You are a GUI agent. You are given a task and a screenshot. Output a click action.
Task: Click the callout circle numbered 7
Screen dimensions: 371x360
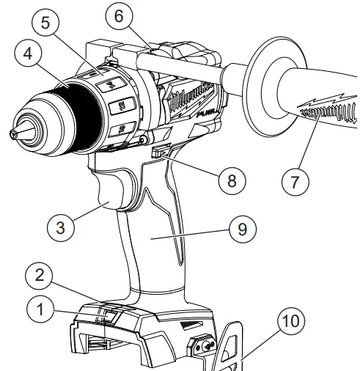coord(295,180)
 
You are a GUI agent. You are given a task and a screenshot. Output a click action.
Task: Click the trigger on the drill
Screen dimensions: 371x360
coord(111,194)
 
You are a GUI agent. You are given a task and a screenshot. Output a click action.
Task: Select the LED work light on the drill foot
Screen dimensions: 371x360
coord(106,316)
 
